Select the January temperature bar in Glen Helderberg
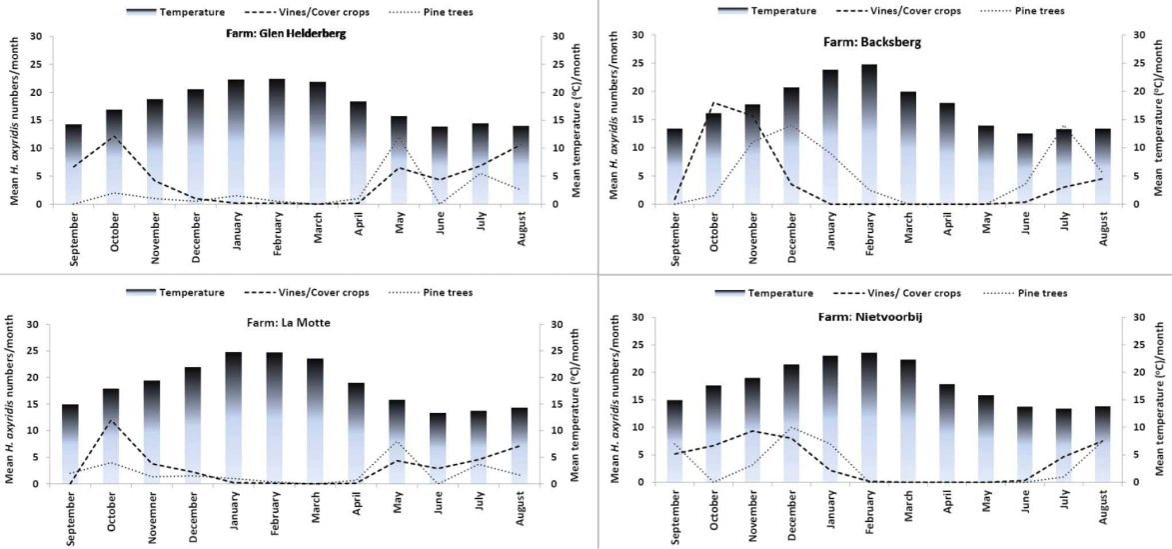pos(236,141)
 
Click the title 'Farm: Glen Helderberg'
pos(288,34)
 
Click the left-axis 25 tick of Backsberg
pos(638,63)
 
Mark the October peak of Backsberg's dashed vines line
pos(714,102)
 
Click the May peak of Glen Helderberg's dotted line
pos(400,138)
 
